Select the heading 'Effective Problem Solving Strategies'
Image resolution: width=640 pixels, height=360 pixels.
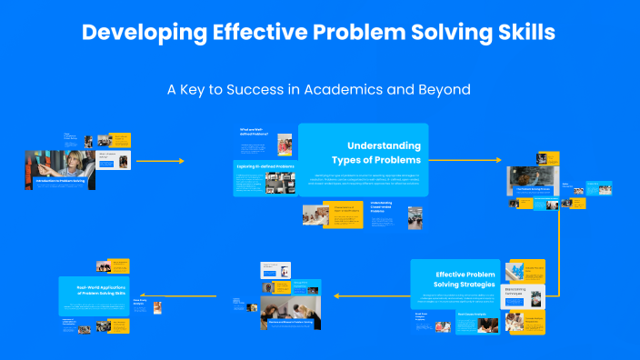[465, 280]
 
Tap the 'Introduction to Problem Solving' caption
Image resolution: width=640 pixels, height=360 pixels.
[60, 181]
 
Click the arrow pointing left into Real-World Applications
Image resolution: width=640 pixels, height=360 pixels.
[200, 295]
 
